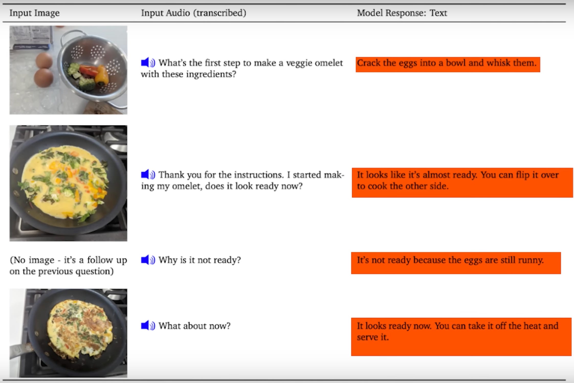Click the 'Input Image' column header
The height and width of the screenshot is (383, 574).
point(35,13)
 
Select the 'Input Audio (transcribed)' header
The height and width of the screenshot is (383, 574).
point(194,13)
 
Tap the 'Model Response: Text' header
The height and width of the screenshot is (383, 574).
point(402,13)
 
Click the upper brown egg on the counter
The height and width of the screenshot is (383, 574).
point(44,60)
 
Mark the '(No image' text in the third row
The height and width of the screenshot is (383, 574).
point(32,260)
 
